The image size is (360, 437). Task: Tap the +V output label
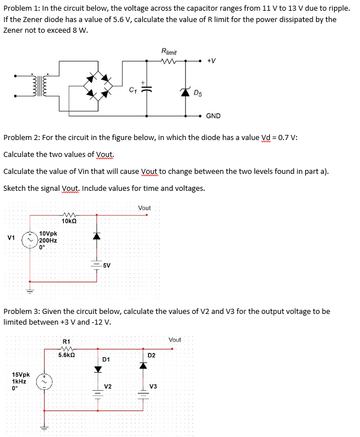click(212, 60)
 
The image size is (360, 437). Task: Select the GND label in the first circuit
click(213, 116)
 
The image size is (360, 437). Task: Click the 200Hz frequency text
click(48, 240)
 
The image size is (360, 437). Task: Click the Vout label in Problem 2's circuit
click(144, 208)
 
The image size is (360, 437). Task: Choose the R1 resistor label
click(66, 342)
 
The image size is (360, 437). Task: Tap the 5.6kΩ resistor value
click(68, 355)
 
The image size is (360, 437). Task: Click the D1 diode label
click(106, 360)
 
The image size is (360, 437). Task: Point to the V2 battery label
click(108, 386)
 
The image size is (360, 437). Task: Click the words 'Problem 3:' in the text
click(22, 311)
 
